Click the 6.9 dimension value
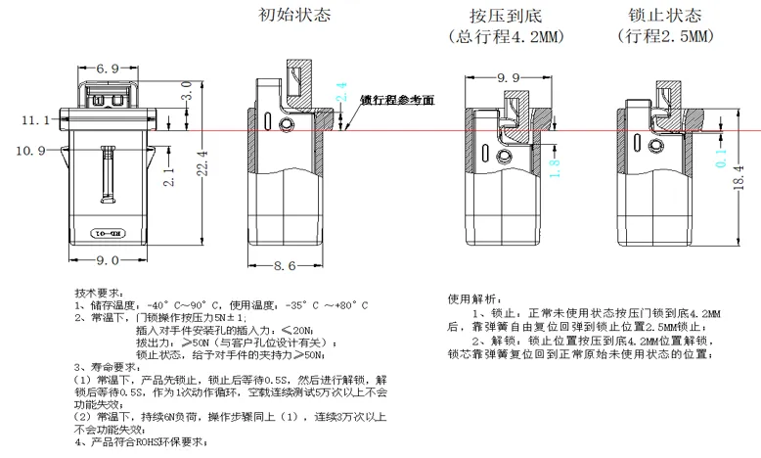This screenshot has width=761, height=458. pos(109,69)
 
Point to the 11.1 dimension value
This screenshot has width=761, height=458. pos(32,119)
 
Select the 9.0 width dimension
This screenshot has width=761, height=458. pos(108,259)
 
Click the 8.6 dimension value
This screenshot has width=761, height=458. pos(285,264)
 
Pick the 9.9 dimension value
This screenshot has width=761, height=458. pos(509,77)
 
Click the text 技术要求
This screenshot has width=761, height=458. pos(99,293)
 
